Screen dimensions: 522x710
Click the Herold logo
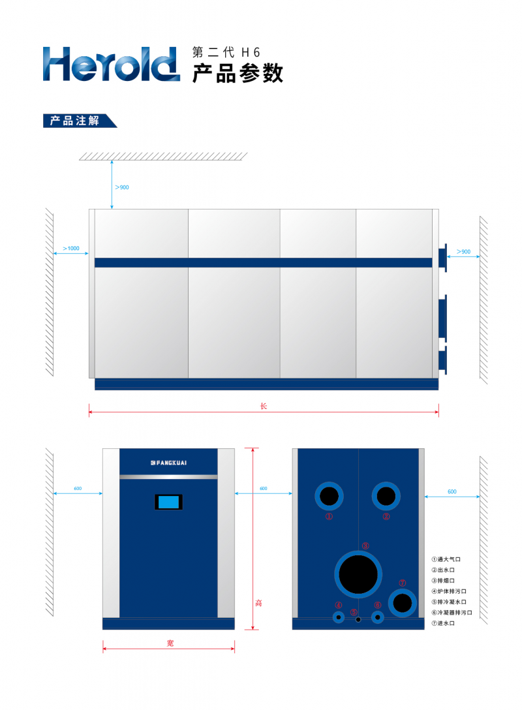pyautogui.click(x=111, y=65)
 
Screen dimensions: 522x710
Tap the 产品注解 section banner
pyautogui.click(x=80, y=121)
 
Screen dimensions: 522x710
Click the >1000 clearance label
pyautogui.click(x=71, y=248)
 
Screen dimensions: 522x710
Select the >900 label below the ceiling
pyautogui.click(x=122, y=187)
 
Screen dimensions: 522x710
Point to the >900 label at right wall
pyautogui.click(x=463, y=251)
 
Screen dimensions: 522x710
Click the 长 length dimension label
pyautogui.click(x=264, y=406)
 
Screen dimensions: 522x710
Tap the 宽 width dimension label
pyautogui.click(x=170, y=643)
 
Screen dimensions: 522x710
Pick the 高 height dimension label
pyautogui.click(x=258, y=603)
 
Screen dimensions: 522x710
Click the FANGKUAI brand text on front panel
pyautogui.click(x=168, y=463)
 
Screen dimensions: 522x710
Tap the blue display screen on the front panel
pyautogui.click(x=168, y=502)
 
